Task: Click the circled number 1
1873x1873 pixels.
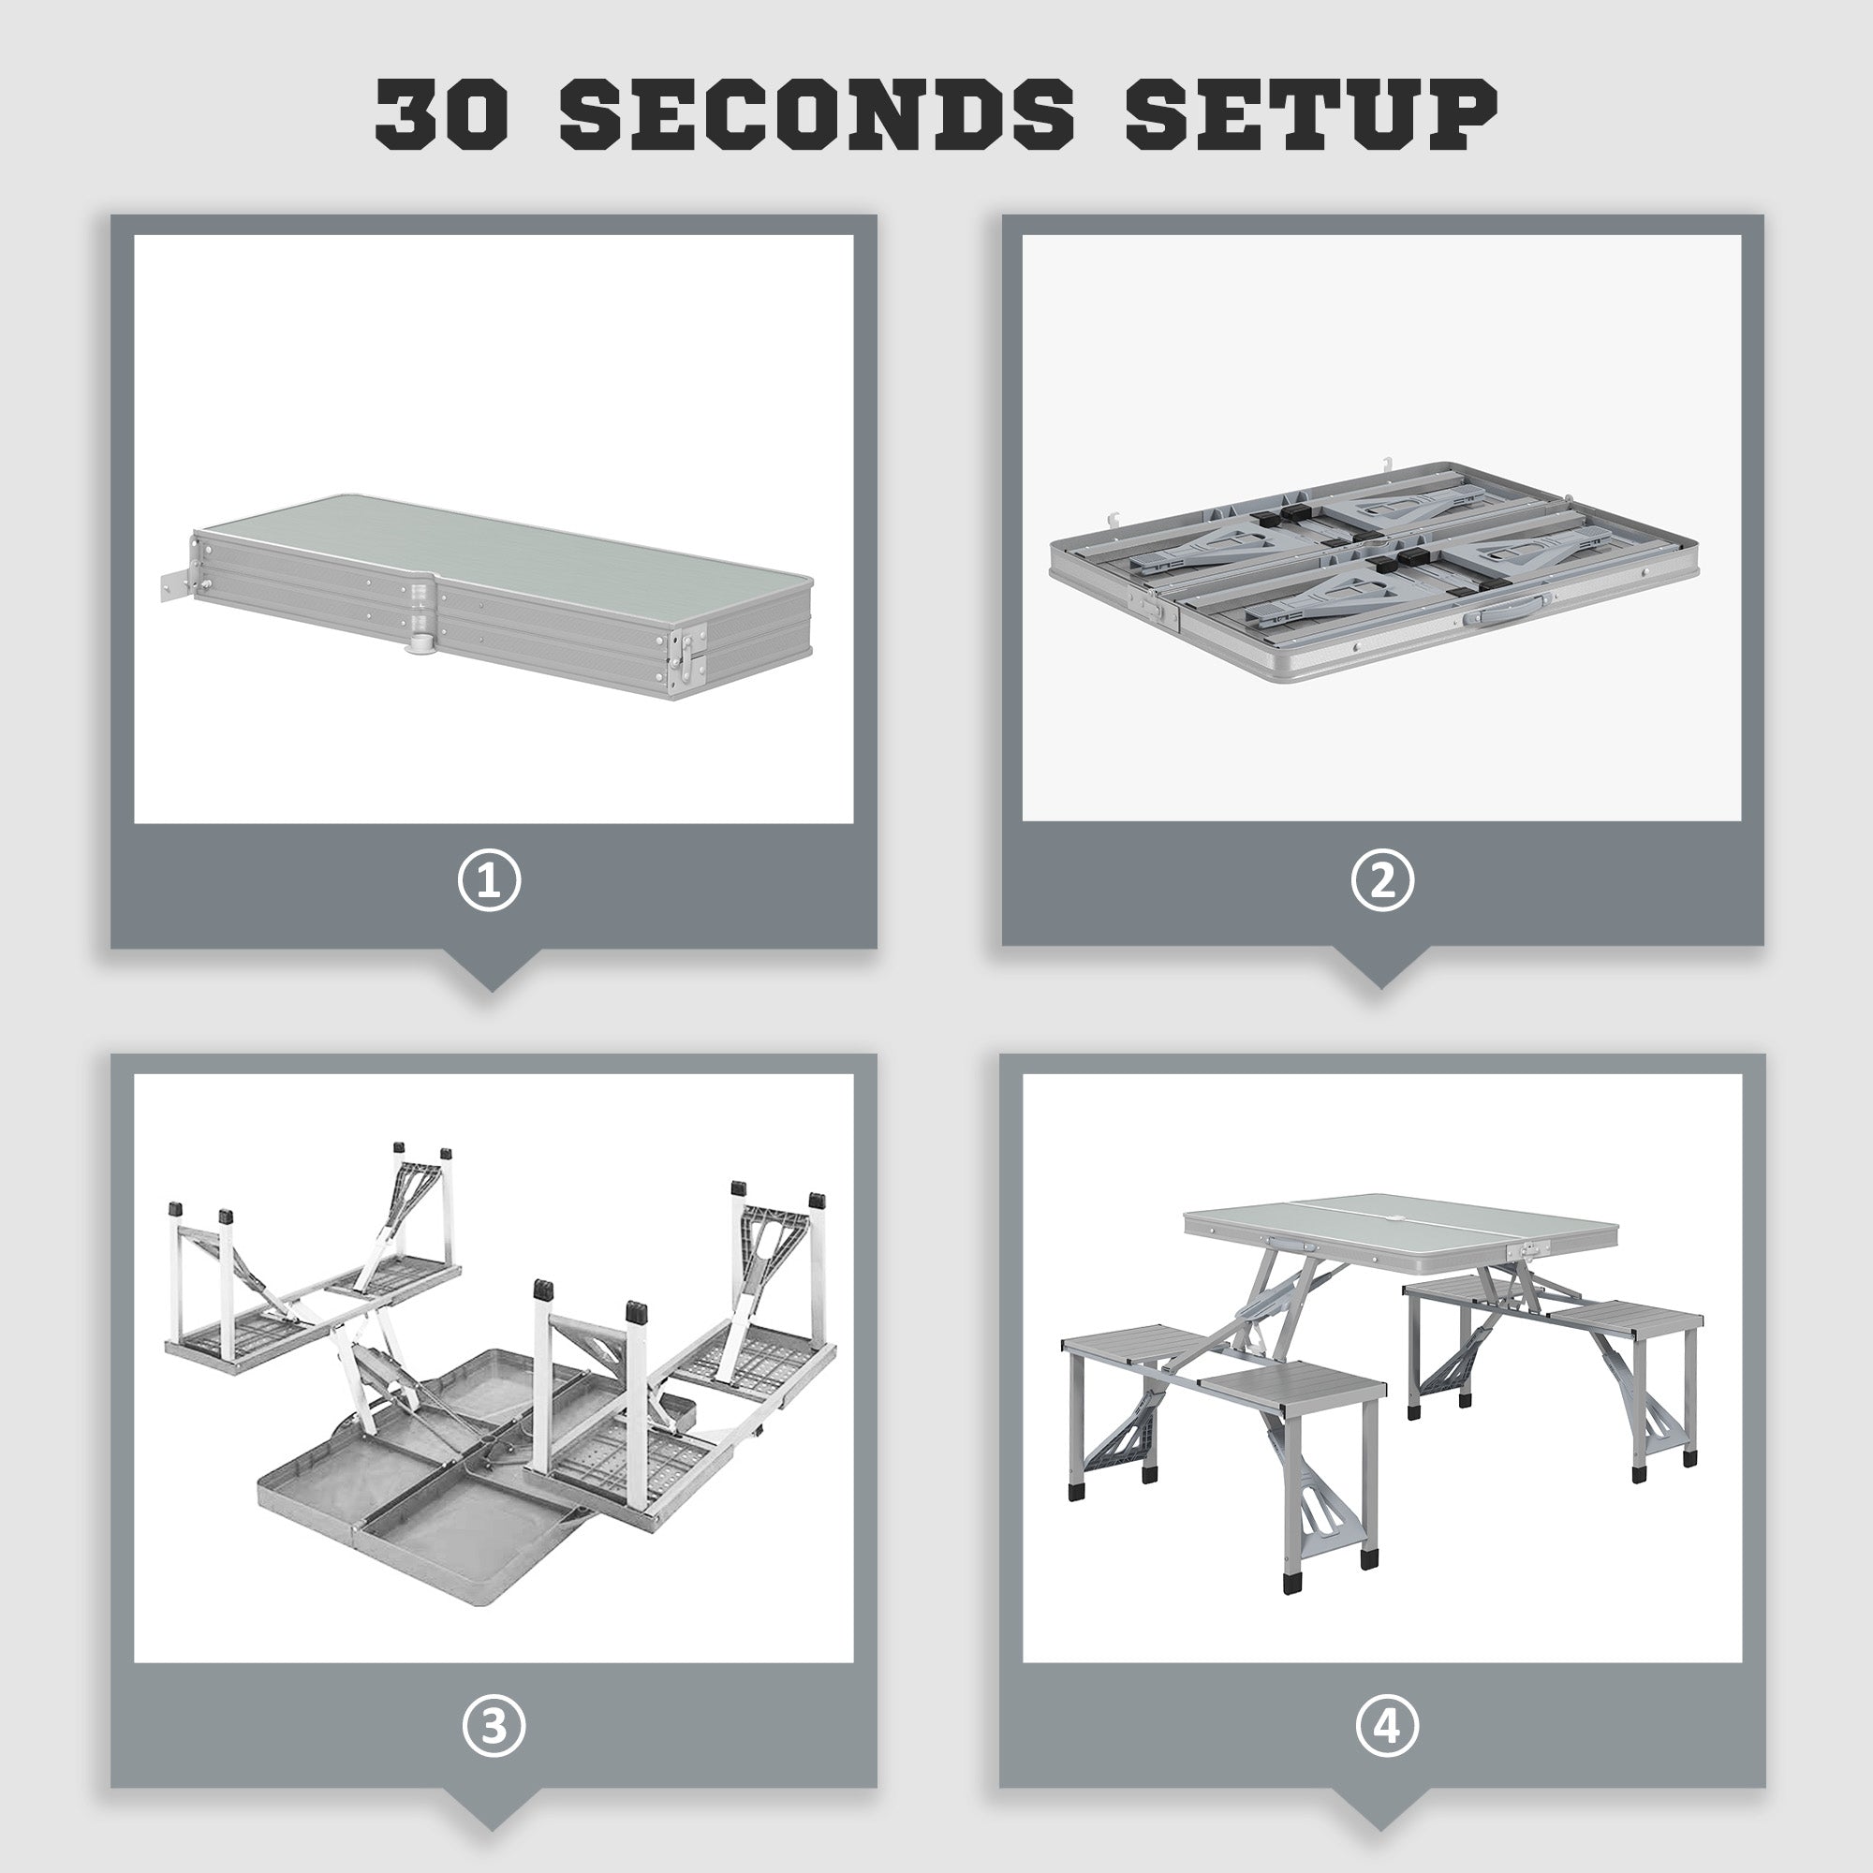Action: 490,880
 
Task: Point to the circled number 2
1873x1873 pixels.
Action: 1382,879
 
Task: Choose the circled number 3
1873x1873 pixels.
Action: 494,1726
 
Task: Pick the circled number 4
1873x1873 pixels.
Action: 1387,1726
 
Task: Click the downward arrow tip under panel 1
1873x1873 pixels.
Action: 491,986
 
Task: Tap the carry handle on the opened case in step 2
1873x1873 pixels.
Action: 1499,609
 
